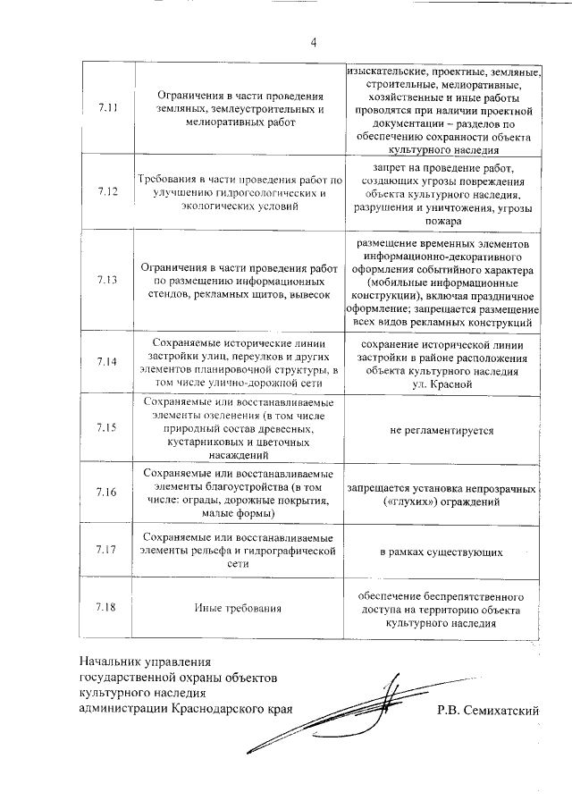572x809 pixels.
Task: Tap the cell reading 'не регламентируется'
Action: pos(442,430)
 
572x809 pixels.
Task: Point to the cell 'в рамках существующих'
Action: pos(442,552)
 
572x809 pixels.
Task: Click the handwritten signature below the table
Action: pos(357,715)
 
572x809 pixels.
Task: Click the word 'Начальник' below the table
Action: pos(111,662)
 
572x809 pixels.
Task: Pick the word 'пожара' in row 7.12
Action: pos(442,221)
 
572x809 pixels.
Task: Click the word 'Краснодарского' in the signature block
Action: pos(212,711)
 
